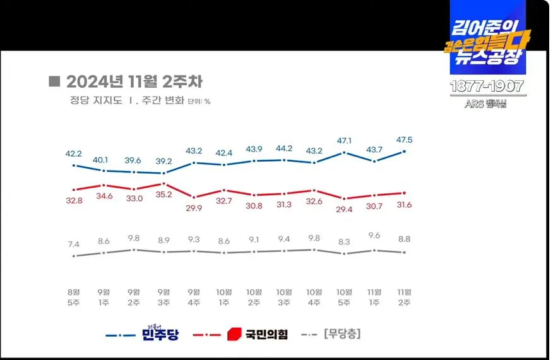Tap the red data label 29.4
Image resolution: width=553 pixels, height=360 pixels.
tap(344, 210)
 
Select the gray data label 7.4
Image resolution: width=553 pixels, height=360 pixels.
tap(74, 244)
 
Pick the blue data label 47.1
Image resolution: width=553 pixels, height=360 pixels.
tap(344, 140)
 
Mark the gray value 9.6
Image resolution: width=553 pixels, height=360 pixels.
tap(374, 235)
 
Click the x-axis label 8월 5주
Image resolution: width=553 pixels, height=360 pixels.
tap(74, 297)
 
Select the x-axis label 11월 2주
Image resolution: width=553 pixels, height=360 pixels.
tap(403, 297)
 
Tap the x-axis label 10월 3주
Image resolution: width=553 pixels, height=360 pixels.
tap(284, 297)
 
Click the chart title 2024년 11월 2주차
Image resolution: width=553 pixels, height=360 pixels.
tap(134, 82)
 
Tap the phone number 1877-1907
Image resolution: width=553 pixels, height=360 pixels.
tap(486, 87)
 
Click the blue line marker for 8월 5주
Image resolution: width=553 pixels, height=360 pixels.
tap(74, 165)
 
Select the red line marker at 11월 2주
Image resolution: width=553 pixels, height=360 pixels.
tap(403, 193)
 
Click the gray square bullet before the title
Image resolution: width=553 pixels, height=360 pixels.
tap(54, 81)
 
